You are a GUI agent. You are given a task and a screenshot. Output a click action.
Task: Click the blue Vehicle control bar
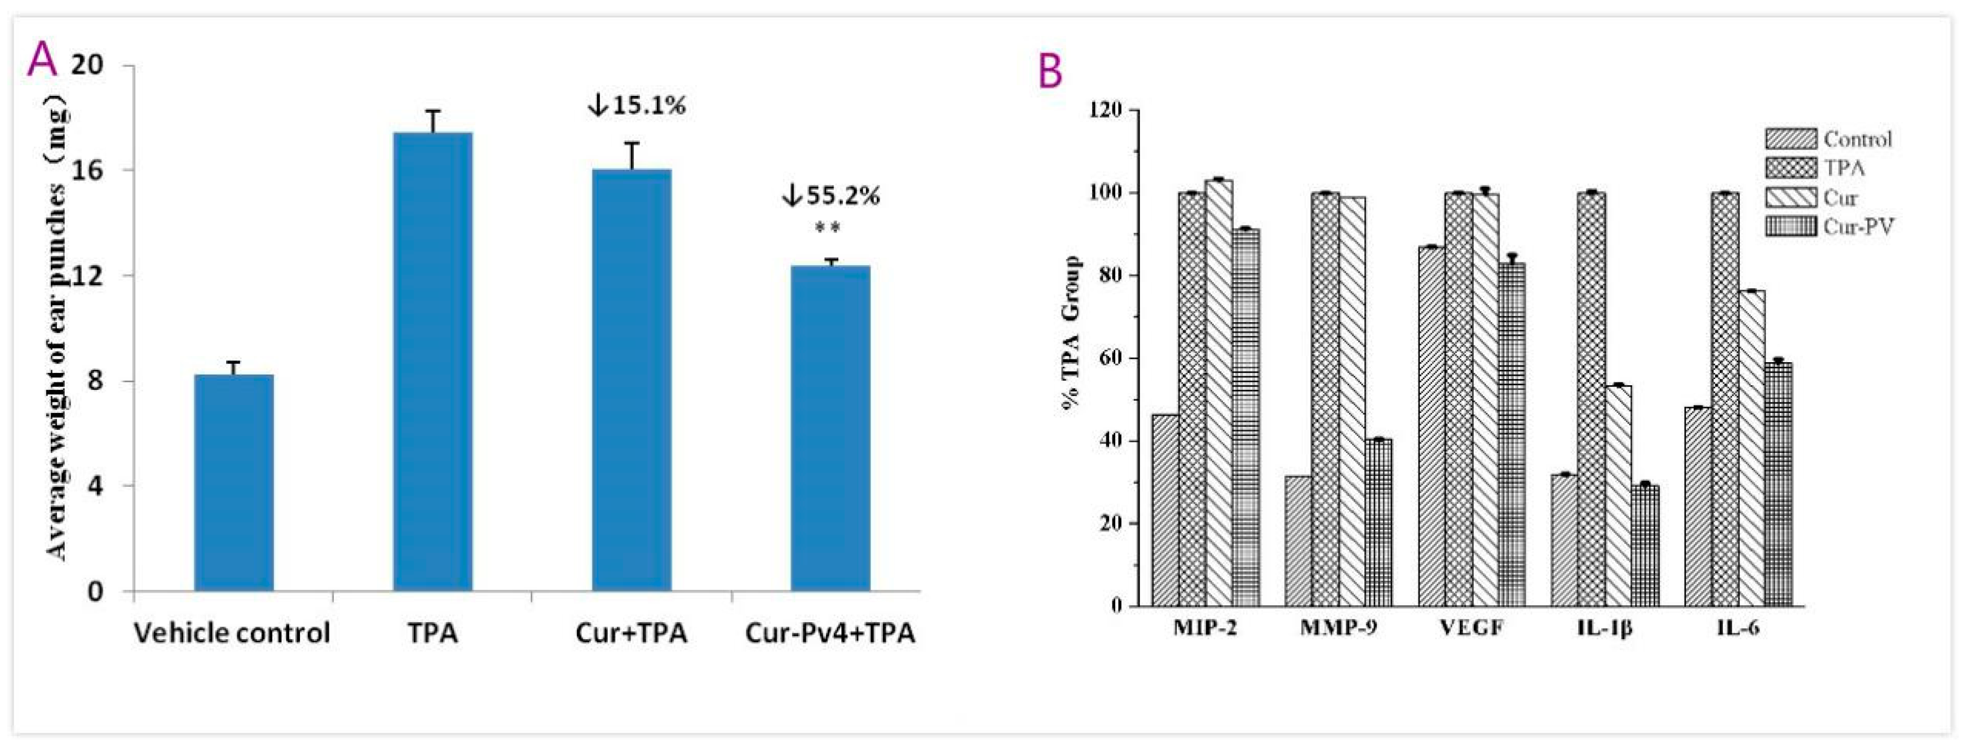pos(233,482)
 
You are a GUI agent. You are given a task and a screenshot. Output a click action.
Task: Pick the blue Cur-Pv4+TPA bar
pos(830,428)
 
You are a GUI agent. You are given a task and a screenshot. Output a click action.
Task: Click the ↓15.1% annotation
pos(637,105)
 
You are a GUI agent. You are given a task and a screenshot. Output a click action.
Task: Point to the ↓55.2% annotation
pos(830,196)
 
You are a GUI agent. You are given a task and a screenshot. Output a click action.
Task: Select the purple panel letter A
pos(41,60)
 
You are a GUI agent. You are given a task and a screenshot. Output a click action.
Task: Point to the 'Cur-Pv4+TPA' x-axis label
pos(829,633)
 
